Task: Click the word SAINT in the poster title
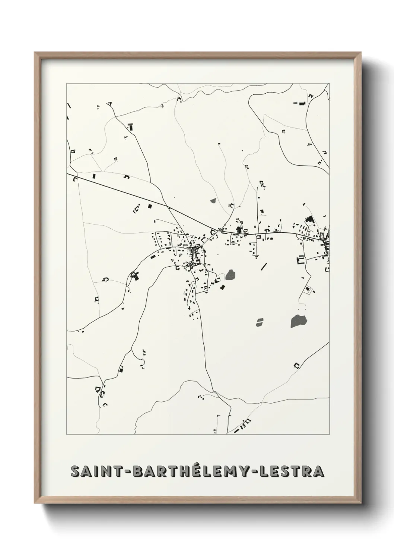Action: tap(93, 471)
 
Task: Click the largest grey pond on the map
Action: tap(299, 320)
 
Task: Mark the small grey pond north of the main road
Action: tap(213, 201)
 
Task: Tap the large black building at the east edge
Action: tap(309, 220)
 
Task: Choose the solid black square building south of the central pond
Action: tap(223, 287)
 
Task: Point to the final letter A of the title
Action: tap(318, 471)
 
